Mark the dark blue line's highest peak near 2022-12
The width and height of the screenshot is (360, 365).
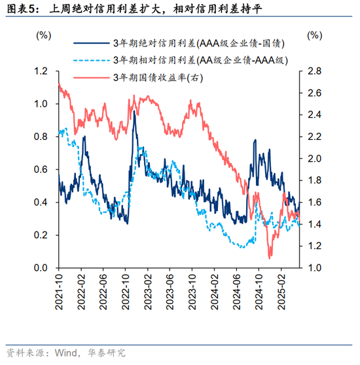(x=134, y=112)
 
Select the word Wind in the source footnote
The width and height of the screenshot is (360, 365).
(x=61, y=353)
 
